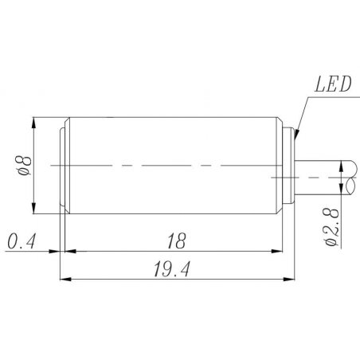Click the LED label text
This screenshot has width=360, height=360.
pyautogui.click(x=333, y=84)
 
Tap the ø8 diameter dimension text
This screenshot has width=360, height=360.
pyautogui.click(x=24, y=166)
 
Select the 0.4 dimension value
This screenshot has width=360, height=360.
pyautogui.click(x=22, y=241)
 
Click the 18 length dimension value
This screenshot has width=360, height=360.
pyautogui.click(x=177, y=241)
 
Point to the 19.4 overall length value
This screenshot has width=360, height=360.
pyautogui.click(x=172, y=269)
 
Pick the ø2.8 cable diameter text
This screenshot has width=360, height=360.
pyautogui.click(x=332, y=227)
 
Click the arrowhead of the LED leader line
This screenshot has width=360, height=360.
pyautogui.click(x=296, y=134)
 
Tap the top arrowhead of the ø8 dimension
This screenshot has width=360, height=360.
pyautogui.click(x=33, y=123)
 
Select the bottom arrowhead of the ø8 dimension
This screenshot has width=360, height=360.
pyautogui.click(x=33, y=208)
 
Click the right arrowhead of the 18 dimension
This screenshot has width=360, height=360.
pyautogui.click(x=276, y=251)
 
